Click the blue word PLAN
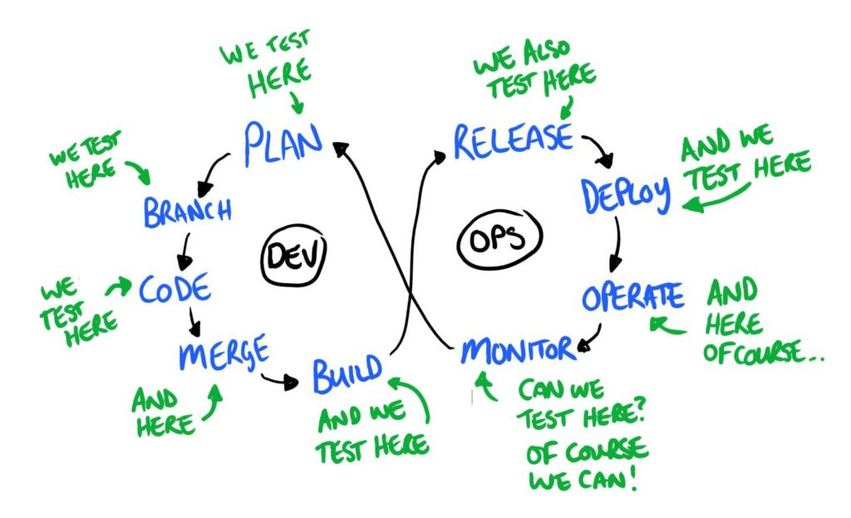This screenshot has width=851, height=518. pyautogui.click(x=283, y=144)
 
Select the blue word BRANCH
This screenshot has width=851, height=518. pyautogui.click(x=188, y=212)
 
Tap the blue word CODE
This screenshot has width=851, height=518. pyautogui.click(x=175, y=288)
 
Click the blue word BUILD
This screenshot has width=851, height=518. pyautogui.click(x=347, y=374)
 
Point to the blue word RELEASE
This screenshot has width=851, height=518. pyautogui.click(x=514, y=141)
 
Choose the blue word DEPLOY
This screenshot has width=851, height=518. pyautogui.click(x=625, y=195)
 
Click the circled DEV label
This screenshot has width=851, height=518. pyautogui.click(x=294, y=255)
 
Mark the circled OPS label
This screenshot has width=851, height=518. pyautogui.click(x=499, y=239)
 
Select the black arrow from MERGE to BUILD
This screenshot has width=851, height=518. pyautogui.click(x=280, y=381)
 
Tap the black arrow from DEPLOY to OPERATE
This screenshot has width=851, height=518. pyautogui.click(x=617, y=244)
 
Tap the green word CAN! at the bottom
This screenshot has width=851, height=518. pyautogui.click(x=606, y=479)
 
